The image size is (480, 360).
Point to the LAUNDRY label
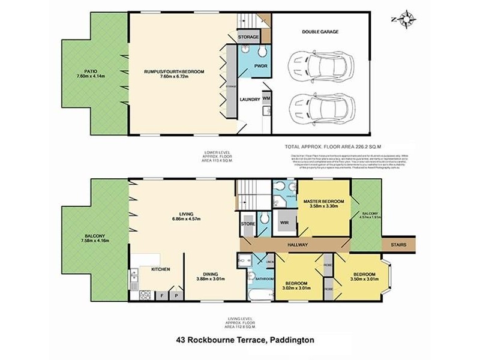[249, 100]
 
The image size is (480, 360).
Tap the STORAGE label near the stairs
[248, 37]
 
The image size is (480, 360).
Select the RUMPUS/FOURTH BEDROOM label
[174, 71]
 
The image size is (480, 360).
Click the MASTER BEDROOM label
[323, 201]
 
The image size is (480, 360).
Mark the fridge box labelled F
[162, 295]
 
